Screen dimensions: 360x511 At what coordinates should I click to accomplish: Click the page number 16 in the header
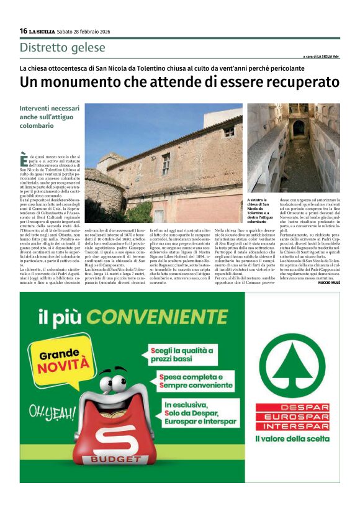click(23, 31)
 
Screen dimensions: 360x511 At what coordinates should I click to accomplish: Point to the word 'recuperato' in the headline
click(301, 82)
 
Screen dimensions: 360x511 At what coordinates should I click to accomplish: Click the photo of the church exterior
click(163, 163)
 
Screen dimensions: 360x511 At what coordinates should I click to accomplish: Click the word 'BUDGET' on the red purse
click(116, 459)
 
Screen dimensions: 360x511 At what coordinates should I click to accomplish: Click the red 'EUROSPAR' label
click(292, 417)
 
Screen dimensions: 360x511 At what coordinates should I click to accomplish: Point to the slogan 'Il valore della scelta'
click(292, 439)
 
